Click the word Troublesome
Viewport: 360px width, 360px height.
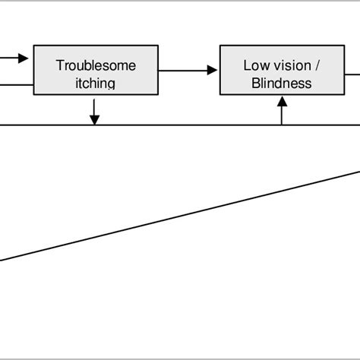pos(96,65)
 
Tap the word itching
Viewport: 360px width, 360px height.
pos(96,83)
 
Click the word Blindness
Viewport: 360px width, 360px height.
pos(281,83)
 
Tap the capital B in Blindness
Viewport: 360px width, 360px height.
pos(255,83)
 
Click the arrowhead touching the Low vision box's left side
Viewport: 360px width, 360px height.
pos(212,71)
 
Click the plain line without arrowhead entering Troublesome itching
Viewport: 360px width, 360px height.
pos(15,84)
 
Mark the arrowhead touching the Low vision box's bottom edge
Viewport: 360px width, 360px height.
pos(282,100)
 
